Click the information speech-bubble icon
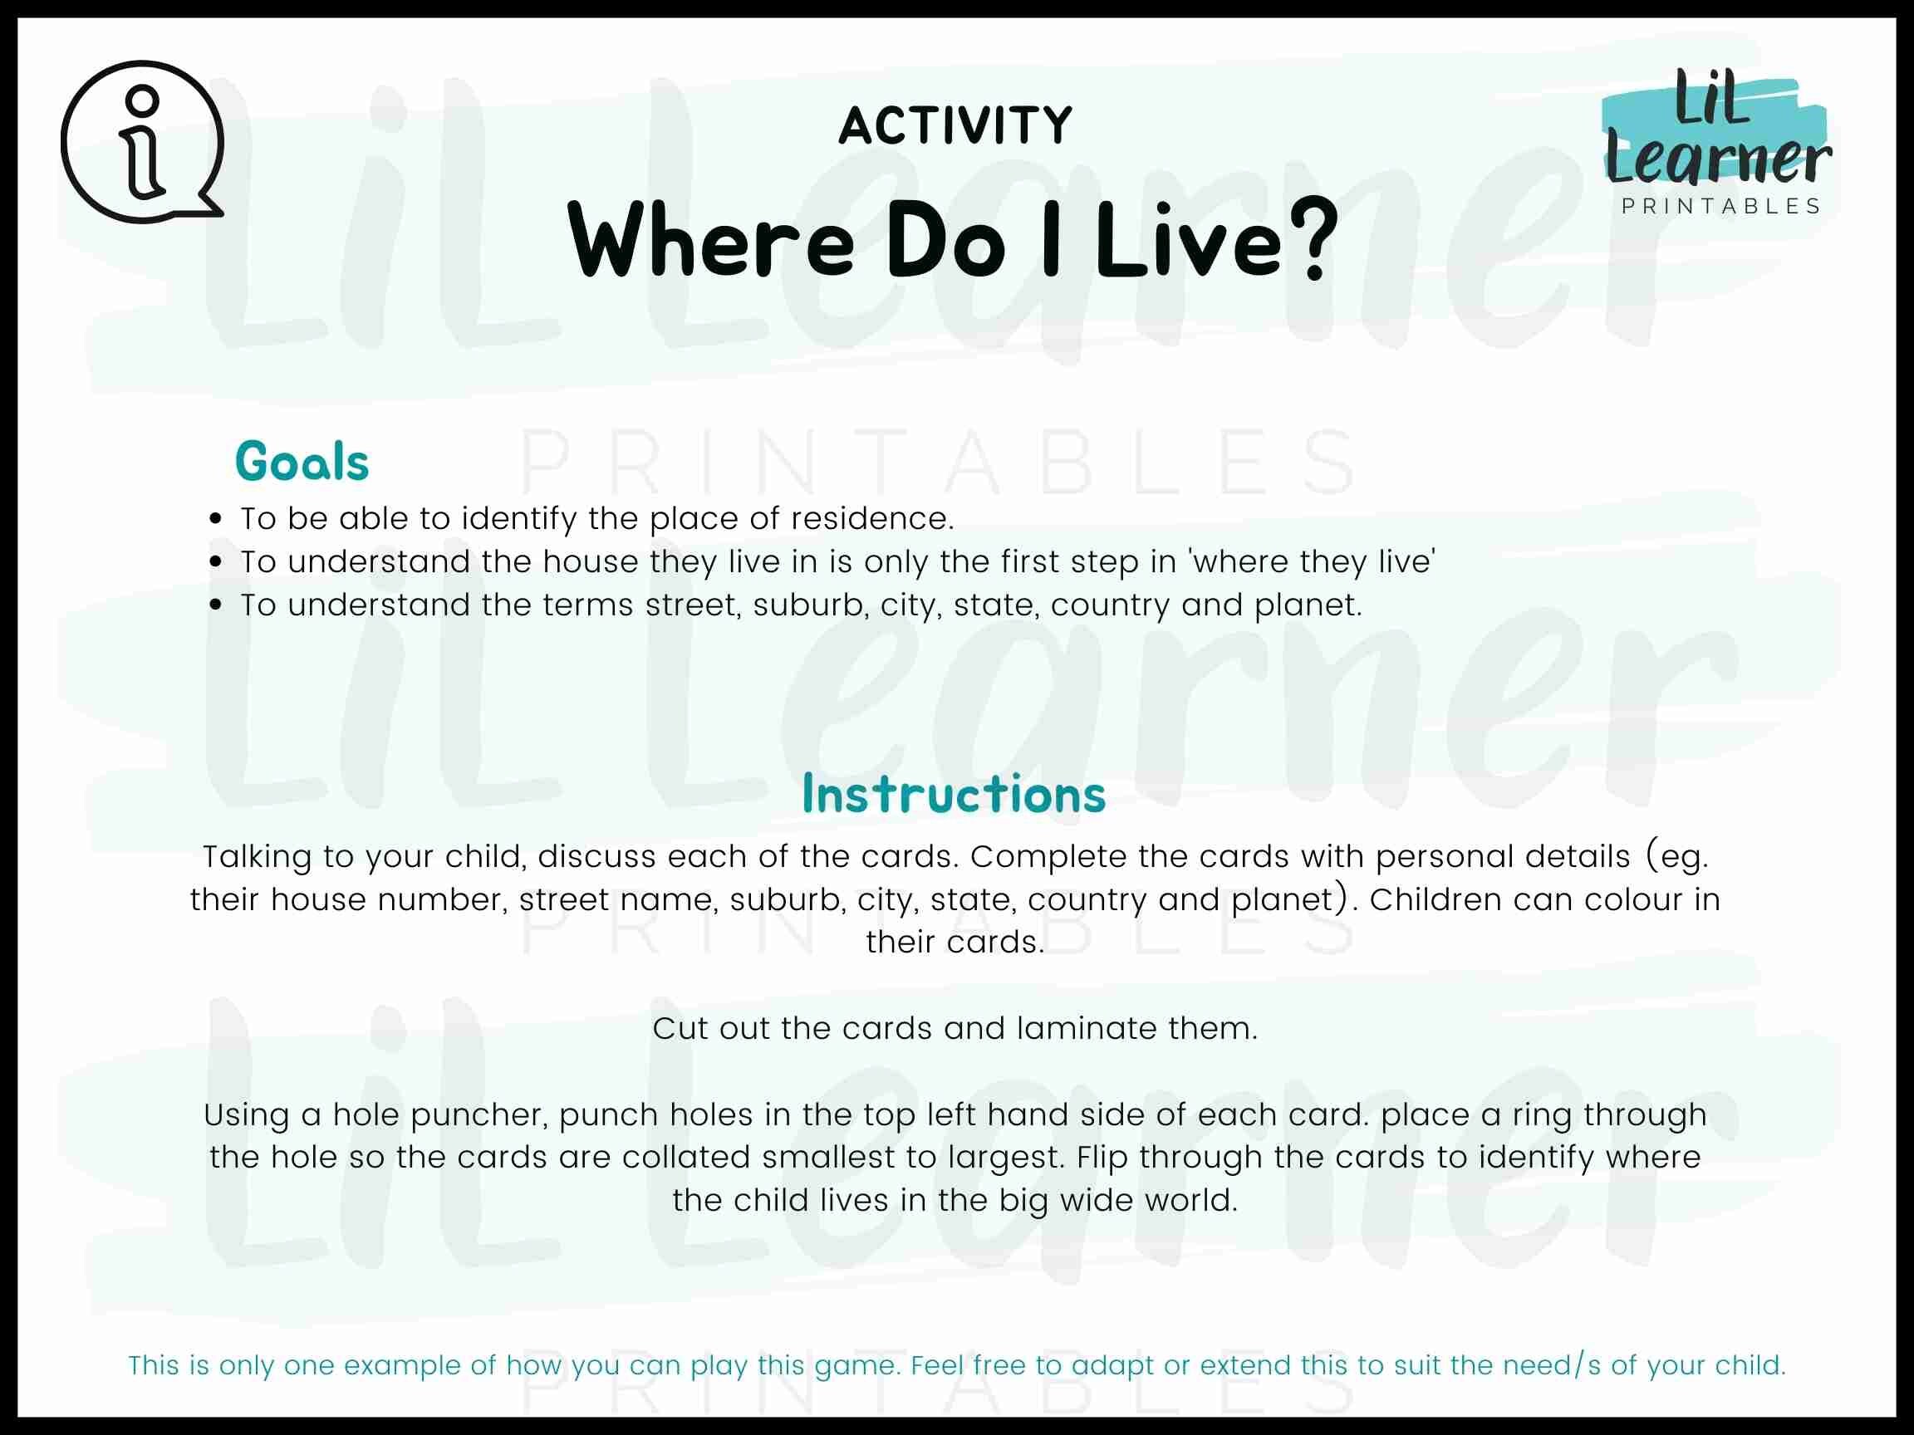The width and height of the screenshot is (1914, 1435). coord(142,141)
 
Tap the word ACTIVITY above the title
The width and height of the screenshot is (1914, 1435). coord(955,125)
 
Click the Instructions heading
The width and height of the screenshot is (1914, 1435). coord(954,793)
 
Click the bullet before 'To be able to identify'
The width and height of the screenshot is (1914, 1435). coord(216,519)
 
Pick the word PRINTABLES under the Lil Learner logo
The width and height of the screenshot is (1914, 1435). coord(1721,207)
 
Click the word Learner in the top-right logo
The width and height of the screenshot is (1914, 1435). coord(1719,159)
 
